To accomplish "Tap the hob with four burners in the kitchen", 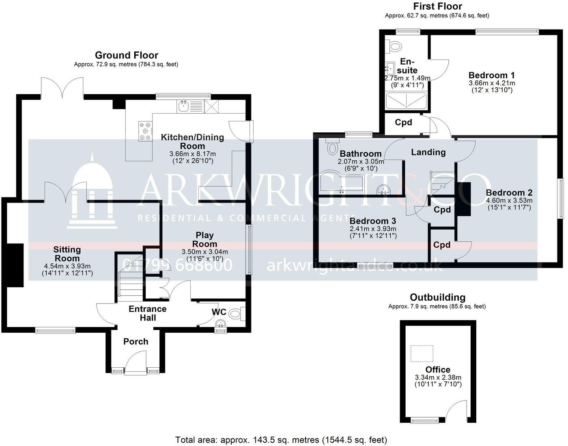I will [x=145, y=131].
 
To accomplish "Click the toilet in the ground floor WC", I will [x=236, y=314].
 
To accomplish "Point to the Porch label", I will [x=136, y=342].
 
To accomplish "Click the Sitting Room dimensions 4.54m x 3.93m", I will [x=67, y=266].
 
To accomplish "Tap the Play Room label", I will [x=204, y=239].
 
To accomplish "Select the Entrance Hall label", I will [x=148, y=313].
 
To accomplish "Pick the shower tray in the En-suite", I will [x=406, y=101].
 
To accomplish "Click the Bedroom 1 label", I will [x=491, y=75].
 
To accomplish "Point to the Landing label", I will [x=428, y=152].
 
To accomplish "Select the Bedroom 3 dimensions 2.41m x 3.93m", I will [x=373, y=229].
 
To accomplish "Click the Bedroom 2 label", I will [x=509, y=193].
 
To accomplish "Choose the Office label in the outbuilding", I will [x=438, y=370].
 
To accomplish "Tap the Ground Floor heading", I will [x=126, y=55].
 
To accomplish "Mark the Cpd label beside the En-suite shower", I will [x=403, y=122].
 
